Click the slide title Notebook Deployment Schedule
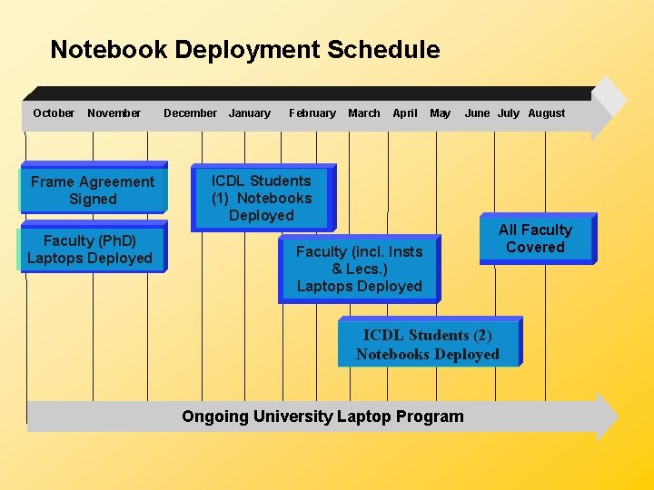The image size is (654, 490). tap(244, 50)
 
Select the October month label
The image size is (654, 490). tap(54, 113)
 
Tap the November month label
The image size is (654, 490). tap(114, 113)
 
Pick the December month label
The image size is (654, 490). tap(190, 113)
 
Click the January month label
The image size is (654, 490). tap(250, 113)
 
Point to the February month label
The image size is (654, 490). tap(312, 113)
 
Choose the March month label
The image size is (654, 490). tap(364, 113)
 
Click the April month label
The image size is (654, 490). tap(405, 113)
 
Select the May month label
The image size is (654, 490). tap(441, 113)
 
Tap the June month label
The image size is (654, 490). tap(477, 113)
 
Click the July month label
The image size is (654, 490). tap(509, 113)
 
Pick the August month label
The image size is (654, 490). tap(547, 113)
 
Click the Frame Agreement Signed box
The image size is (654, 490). tap(93, 191)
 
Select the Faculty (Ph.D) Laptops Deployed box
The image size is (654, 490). tap(90, 250)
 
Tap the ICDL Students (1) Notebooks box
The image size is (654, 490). tap(262, 198)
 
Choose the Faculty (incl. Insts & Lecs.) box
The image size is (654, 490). tap(359, 269)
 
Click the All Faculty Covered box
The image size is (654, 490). tap(536, 239)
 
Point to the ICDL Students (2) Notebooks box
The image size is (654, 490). tap(428, 345)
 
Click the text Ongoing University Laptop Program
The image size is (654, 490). tap(322, 416)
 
